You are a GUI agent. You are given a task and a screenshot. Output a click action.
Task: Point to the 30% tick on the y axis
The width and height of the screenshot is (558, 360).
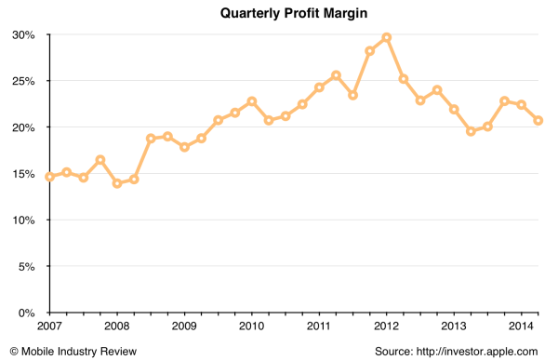23,35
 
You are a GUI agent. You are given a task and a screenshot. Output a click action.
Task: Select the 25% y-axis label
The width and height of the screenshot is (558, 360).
23,81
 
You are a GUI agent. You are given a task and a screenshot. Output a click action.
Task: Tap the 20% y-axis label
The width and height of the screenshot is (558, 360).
23,127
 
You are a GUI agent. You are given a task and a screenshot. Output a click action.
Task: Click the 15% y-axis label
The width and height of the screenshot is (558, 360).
23,174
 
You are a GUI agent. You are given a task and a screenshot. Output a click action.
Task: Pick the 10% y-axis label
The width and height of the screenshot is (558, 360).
23,220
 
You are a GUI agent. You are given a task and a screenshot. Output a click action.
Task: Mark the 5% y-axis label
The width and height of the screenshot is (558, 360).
26,267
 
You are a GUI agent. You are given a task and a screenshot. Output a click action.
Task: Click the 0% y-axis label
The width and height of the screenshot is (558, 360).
26,313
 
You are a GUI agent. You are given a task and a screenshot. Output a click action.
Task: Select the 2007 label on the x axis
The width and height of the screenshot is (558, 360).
50,327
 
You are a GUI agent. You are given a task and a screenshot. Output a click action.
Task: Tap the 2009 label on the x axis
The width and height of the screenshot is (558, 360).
184,327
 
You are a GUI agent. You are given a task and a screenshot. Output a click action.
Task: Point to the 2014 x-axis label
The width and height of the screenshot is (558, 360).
521,327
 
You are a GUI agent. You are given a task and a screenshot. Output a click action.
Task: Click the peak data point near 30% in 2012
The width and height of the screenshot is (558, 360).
386,37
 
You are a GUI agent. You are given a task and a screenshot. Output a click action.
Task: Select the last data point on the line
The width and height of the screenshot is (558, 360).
538,120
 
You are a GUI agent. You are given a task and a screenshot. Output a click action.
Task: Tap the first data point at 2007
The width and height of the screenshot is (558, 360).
50,177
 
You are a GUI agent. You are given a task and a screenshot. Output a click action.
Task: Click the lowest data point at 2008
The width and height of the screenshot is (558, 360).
117,183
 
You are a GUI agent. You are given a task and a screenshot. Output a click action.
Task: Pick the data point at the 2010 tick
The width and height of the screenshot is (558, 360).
252,101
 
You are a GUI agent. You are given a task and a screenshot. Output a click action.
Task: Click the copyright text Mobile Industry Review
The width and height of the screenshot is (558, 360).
73,351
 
